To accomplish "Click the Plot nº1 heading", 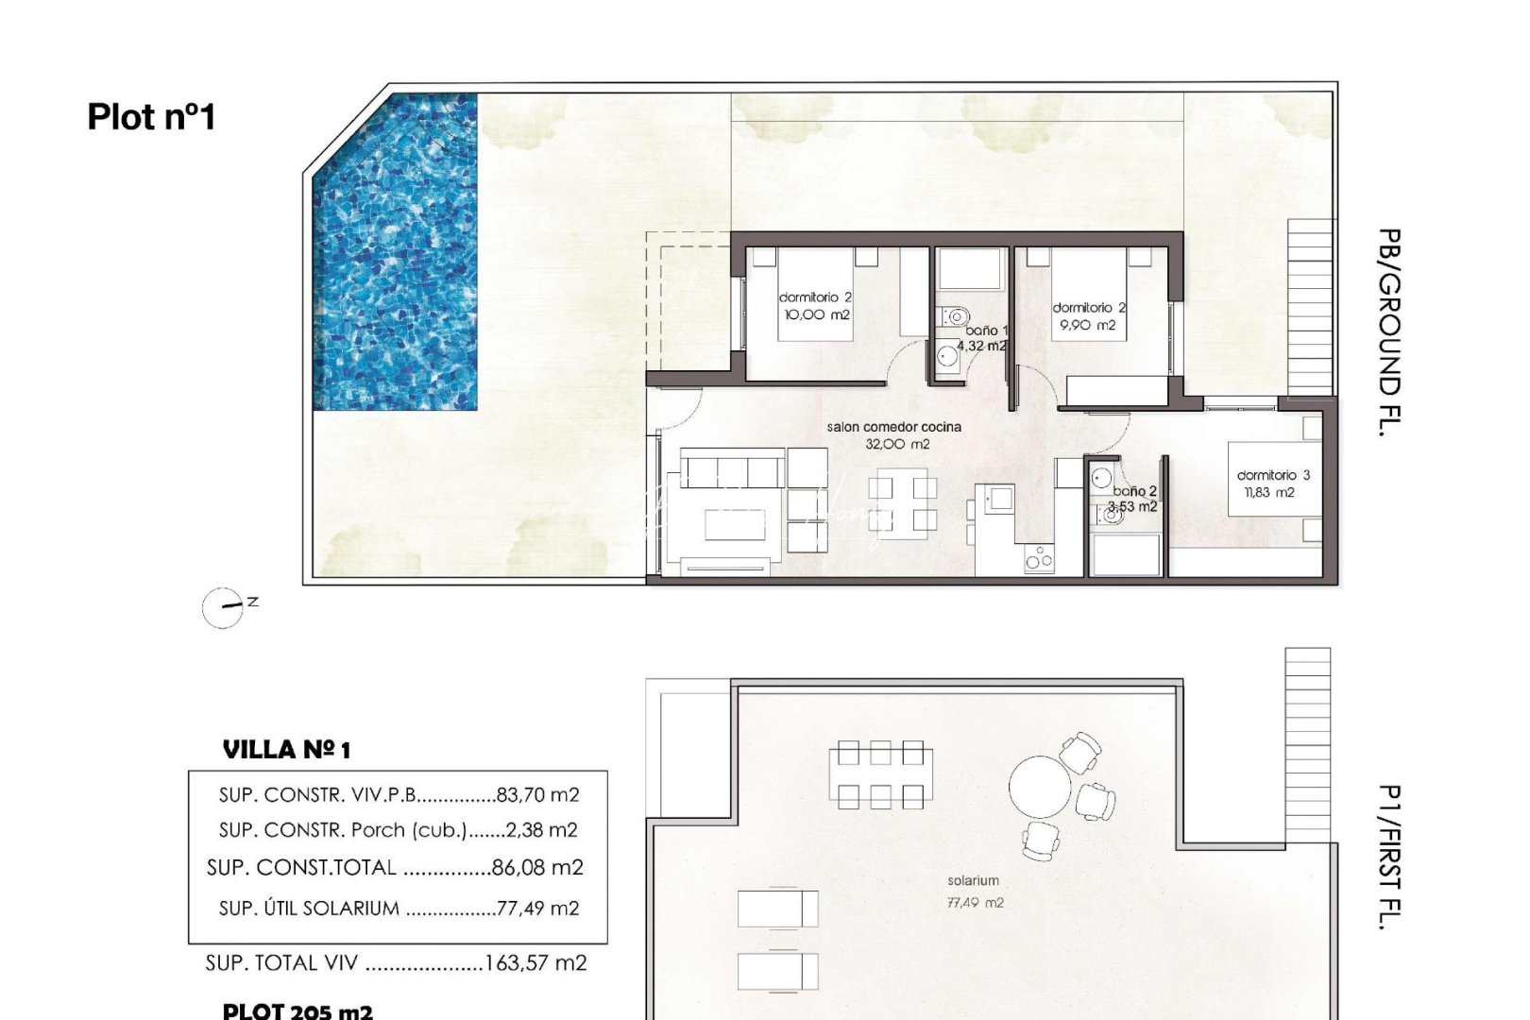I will coord(152,117).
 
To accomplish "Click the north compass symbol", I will coord(224,606).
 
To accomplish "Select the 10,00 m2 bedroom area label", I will coord(817,314).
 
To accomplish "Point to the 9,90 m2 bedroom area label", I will coord(1088,325).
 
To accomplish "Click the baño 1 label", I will coord(987,331).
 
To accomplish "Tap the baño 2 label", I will coord(1134,491).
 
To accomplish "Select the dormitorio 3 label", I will coord(1273,475).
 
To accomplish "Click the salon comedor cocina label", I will coord(893,427).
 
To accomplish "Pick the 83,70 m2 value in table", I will coord(537,795).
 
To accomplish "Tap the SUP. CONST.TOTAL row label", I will coord(301,868).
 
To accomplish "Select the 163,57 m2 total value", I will coord(535,963).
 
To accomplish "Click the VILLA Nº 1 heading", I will coord(286,751).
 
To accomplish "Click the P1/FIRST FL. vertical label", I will coord(1387,858).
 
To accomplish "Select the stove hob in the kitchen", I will coord(1039,559).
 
